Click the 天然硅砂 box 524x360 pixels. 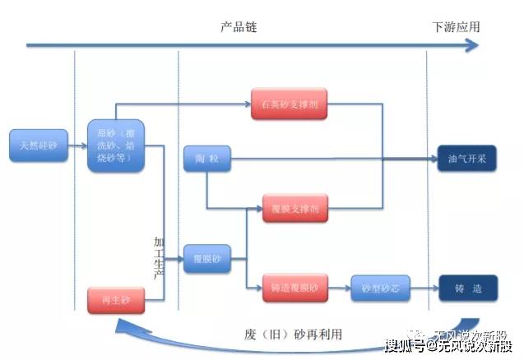click(x=39, y=145)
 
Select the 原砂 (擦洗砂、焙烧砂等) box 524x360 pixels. click(x=115, y=145)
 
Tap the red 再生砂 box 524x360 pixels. click(x=115, y=300)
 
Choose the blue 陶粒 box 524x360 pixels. click(x=207, y=159)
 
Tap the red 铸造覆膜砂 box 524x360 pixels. click(x=295, y=288)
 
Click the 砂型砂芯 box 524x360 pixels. click(x=379, y=288)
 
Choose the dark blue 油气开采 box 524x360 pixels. click(x=466, y=159)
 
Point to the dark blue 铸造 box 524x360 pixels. click(x=466, y=288)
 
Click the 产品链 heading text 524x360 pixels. click(x=239, y=26)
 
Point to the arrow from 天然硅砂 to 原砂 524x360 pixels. click(x=77, y=146)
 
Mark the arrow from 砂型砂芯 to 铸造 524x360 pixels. click(x=423, y=288)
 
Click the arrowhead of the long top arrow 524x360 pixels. click(x=472, y=44)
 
